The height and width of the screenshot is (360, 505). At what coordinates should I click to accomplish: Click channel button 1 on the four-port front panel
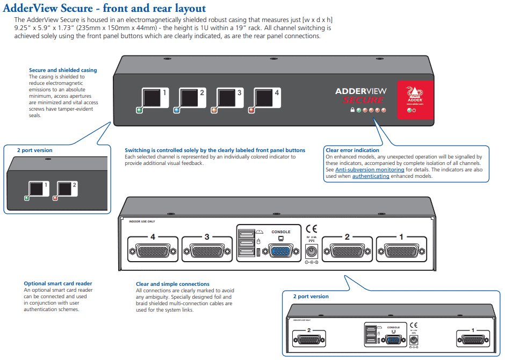pos(151,99)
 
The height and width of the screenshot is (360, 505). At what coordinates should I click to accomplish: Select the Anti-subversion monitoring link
pos(365,169)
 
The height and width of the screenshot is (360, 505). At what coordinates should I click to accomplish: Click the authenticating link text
pos(371,176)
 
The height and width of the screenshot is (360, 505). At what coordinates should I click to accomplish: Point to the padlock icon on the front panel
pos(352,110)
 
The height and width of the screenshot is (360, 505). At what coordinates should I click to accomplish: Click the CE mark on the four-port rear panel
pos(311,228)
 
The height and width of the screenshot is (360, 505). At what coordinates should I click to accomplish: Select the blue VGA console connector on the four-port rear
pos(280,251)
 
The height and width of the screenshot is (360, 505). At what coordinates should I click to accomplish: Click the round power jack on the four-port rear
pos(311,250)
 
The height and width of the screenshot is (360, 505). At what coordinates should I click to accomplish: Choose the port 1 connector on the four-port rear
pos(401,251)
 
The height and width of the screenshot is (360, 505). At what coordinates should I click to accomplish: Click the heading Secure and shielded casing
pos(63,70)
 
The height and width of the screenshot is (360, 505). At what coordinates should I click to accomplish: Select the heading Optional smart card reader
pos(57,284)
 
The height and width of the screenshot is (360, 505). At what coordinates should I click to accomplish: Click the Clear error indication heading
pos(352,150)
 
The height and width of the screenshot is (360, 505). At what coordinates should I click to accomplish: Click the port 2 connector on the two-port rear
pos(308,339)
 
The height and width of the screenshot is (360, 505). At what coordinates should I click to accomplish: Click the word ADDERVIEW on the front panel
pos(360,91)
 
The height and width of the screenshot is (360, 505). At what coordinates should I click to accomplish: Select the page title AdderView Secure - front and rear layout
pos(105,8)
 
